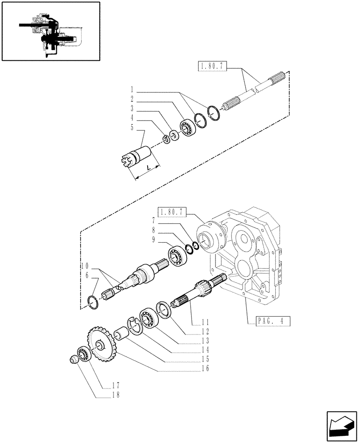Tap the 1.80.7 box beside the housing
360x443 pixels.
[172, 211]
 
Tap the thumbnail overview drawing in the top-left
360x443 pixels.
[50, 31]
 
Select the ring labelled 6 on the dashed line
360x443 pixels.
[94, 302]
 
